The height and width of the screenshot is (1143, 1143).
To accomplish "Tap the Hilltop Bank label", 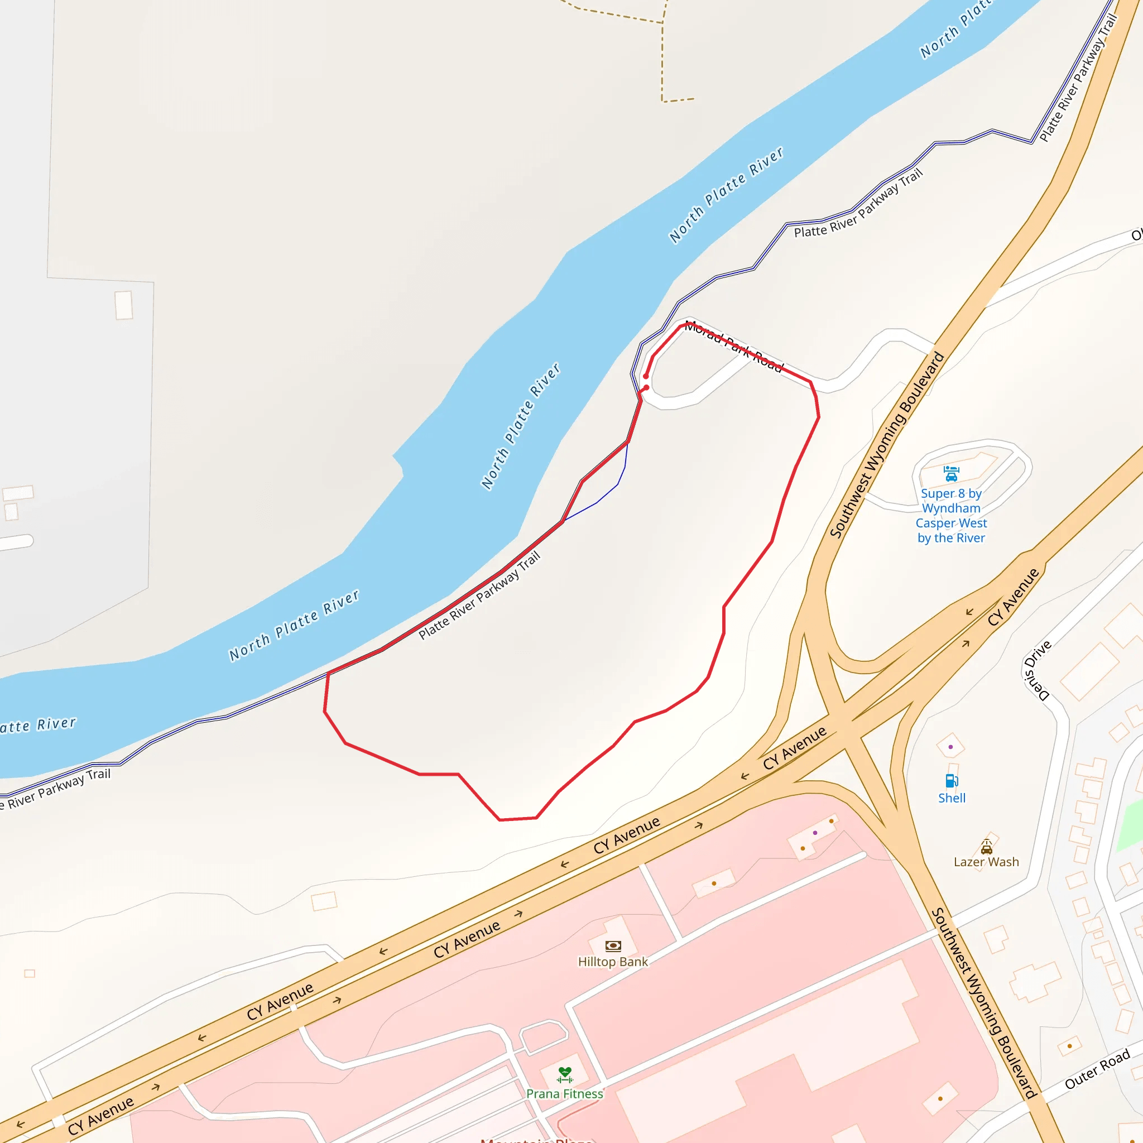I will [613, 962].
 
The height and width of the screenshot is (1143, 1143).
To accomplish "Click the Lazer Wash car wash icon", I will [986, 846].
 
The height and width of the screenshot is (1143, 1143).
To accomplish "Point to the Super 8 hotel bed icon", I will [950, 474].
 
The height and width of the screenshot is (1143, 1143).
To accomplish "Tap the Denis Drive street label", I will [1037, 670].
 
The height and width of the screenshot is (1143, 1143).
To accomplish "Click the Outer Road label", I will [1097, 1069].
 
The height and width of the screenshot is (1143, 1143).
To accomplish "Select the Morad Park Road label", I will [733, 347].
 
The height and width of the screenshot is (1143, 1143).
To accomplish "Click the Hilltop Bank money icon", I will [613, 946].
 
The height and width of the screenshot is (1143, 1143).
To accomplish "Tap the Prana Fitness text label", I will [565, 1094].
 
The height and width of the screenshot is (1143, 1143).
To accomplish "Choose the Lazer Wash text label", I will [986, 862].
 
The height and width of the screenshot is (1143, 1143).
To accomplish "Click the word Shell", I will [952, 798].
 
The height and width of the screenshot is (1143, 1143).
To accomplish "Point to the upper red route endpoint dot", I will [646, 376].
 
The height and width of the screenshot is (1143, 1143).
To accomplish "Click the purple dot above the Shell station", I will [950, 747].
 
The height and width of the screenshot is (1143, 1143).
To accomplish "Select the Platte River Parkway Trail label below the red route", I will [479, 595].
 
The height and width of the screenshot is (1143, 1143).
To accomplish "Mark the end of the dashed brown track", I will [693, 99].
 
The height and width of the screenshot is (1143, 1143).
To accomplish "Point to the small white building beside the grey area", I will [124, 305].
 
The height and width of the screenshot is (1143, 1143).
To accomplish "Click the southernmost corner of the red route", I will [500, 820].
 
